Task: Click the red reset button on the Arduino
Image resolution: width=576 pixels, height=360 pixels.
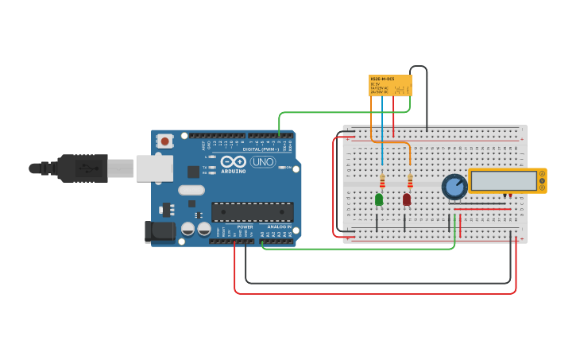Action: coord(164,141)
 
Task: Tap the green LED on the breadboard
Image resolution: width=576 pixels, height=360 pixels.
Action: coord(379,199)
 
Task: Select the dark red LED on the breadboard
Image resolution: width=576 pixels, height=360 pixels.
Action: coord(407,199)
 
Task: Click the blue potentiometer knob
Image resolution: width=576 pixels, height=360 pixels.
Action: coord(454,187)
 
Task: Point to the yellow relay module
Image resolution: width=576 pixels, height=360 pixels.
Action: coord(390,85)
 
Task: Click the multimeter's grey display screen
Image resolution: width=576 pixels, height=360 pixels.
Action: coord(503,180)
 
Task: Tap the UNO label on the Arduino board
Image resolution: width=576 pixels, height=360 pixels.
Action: coord(262,162)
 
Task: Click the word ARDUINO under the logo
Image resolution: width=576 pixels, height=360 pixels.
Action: coord(234,171)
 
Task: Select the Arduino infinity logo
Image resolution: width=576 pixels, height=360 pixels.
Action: coord(234,161)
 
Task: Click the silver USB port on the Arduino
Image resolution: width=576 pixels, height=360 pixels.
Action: coord(154,168)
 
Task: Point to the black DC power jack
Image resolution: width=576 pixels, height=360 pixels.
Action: coord(159,231)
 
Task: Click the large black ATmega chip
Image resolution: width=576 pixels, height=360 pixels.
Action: coord(252,211)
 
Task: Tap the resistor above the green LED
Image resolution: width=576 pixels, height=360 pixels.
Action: coord(382,182)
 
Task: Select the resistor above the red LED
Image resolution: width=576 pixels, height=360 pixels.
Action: coord(410,182)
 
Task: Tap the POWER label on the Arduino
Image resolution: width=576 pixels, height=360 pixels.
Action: coord(245,226)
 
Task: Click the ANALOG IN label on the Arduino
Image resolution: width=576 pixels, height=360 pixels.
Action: coord(278,226)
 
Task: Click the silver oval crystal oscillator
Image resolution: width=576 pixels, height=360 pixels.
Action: coord(191,190)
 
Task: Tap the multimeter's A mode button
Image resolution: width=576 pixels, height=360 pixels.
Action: coord(542,174)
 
